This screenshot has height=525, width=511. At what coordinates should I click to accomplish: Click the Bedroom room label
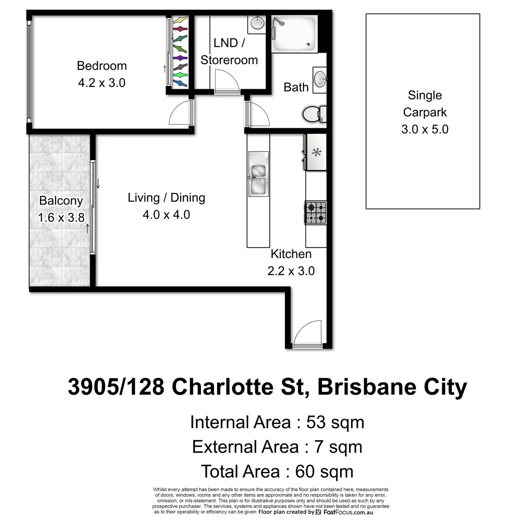[102, 66]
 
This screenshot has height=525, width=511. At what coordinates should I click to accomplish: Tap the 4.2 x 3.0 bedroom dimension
[102, 83]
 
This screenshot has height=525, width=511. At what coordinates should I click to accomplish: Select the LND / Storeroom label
[229, 51]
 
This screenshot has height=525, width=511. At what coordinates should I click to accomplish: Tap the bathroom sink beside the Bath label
[320, 80]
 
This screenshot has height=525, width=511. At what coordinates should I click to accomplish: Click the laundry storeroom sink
[257, 23]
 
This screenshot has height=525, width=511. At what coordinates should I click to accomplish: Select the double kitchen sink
[258, 174]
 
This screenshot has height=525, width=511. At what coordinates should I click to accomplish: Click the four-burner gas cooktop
[316, 213]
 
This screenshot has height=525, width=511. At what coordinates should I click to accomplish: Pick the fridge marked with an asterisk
[316, 152]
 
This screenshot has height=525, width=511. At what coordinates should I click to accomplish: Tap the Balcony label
[61, 200]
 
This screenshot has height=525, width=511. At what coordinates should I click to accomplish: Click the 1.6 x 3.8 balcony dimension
[61, 217]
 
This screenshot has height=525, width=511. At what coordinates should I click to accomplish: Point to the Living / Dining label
[166, 197]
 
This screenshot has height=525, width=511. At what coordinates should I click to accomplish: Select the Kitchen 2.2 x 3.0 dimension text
[291, 271]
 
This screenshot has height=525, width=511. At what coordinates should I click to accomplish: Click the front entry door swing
[308, 334]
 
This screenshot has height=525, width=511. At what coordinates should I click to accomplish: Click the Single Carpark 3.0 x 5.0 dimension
[425, 129]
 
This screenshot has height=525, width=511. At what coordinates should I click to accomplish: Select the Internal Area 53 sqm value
[335, 422]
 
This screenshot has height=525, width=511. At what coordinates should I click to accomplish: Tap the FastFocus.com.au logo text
[348, 512]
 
